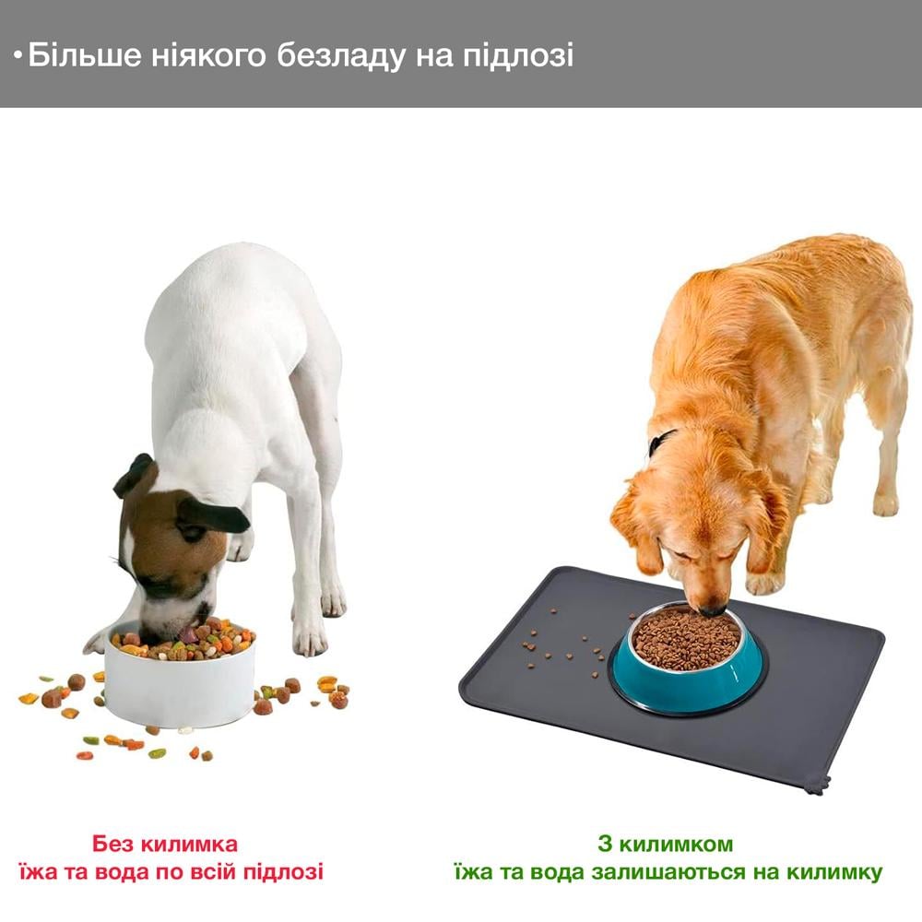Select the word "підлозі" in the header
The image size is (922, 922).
coord(523,55)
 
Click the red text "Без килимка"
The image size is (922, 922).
coord(165,844)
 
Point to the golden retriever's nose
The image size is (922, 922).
coord(711,609)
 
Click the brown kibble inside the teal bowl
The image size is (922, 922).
coord(687,636)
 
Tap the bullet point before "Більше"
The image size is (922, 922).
coord(18,57)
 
